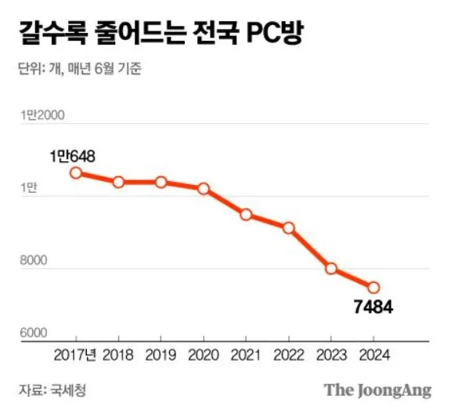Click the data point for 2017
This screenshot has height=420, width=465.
[76, 172]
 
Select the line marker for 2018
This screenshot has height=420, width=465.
[118, 182]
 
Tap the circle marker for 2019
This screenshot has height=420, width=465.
[160, 182]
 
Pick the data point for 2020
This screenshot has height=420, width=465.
[204, 189]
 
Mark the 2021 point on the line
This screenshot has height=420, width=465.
[246, 215]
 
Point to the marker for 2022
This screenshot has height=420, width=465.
[288, 228]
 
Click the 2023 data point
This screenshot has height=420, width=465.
[331, 269]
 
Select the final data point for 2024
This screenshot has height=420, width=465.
[373, 288]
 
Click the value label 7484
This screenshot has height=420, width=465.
[373, 307]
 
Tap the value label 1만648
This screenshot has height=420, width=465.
[71, 156]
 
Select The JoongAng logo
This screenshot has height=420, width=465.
[377, 390]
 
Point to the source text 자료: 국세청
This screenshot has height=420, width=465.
[52, 390]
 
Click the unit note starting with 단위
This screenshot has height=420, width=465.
[78, 69]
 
